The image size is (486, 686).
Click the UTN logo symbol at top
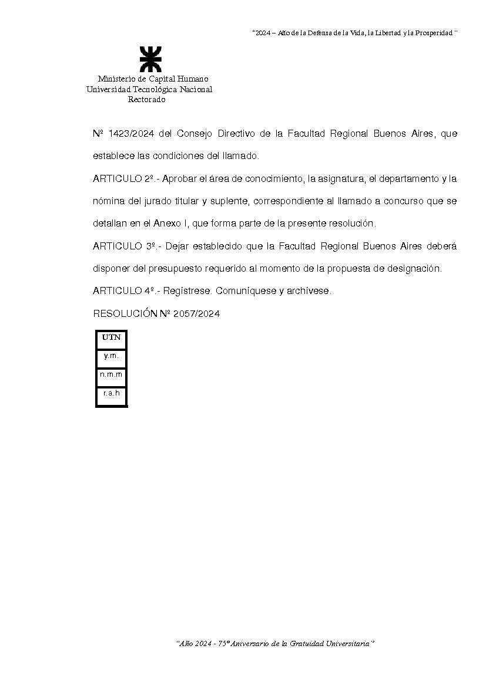coord(150,59)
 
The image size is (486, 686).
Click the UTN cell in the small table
coord(111,337)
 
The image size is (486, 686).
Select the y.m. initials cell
coord(111,356)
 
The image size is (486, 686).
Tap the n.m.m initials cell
coord(111,374)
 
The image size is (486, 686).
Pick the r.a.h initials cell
coord(111,393)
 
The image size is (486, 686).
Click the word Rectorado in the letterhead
coord(147,100)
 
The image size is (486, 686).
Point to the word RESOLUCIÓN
coord(125,314)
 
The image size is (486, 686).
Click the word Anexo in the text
coord(163,224)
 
